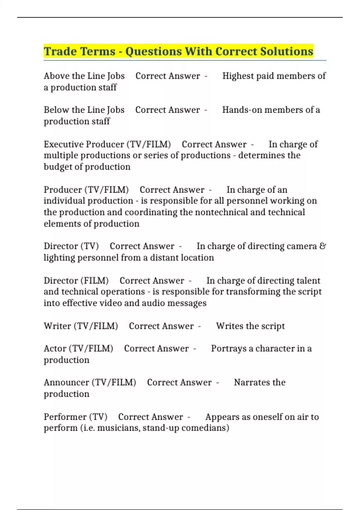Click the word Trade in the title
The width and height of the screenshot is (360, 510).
pyautogui.click(x=60, y=51)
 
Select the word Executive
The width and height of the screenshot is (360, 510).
pyautogui.click(x=63, y=144)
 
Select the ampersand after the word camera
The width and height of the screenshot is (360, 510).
pyautogui.click(x=322, y=246)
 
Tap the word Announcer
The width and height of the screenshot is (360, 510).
pyautogui.click(x=66, y=382)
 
